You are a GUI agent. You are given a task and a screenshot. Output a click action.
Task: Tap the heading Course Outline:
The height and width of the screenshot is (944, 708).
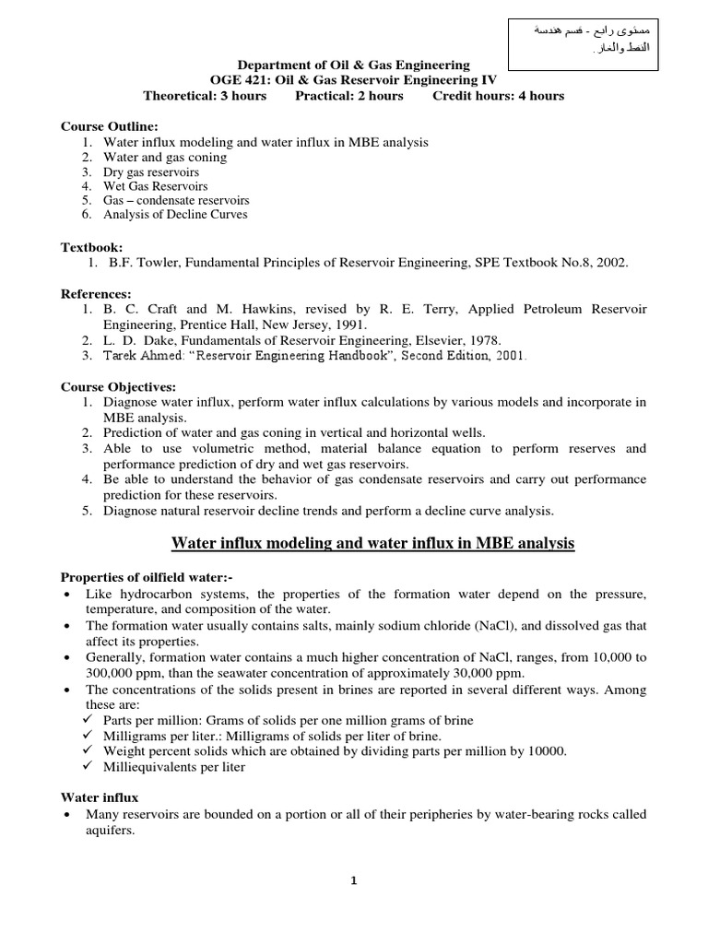(x=110, y=126)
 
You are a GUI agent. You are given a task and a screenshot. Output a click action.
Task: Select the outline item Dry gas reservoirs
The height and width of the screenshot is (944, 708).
(x=151, y=171)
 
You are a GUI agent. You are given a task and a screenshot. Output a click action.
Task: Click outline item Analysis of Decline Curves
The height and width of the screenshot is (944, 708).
(x=175, y=215)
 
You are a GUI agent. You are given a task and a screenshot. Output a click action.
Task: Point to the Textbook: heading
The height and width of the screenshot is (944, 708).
(x=92, y=248)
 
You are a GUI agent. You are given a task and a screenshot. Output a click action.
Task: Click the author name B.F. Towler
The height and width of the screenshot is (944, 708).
(x=142, y=264)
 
